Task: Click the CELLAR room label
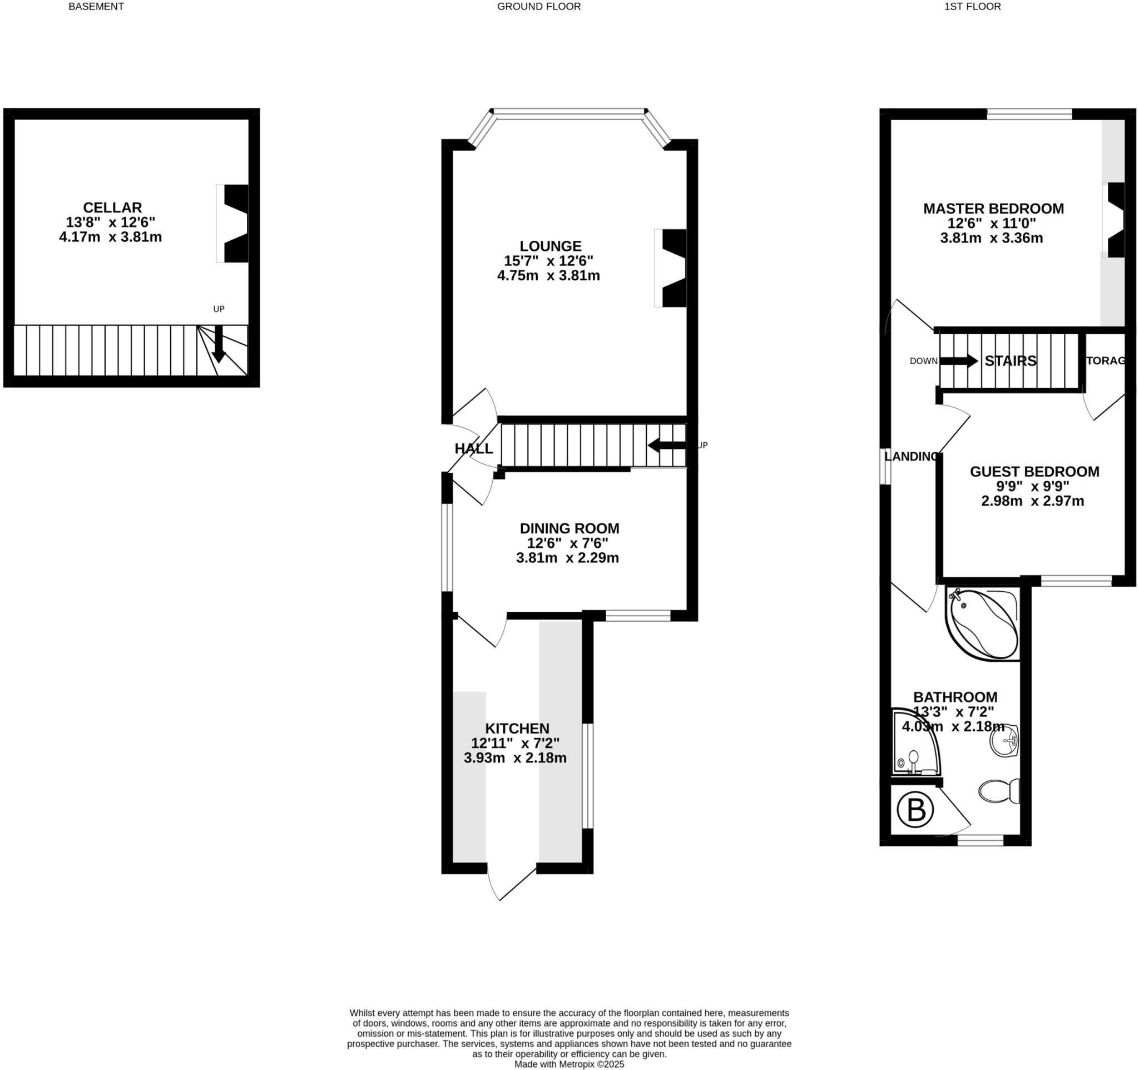click(112, 207)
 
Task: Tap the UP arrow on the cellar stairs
click(218, 344)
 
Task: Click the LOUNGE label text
click(550, 246)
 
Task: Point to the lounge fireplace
click(672, 268)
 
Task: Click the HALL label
click(473, 448)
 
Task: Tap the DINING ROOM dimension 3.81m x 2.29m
click(567, 558)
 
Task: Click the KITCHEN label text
click(517, 728)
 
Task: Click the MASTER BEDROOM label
click(993, 209)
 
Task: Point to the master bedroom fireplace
click(1116, 220)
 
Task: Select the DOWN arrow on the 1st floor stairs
click(958, 361)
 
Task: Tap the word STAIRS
click(1010, 361)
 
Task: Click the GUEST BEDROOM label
click(1034, 472)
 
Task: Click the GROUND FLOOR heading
click(538, 7)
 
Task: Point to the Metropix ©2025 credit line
click(568, 1064)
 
